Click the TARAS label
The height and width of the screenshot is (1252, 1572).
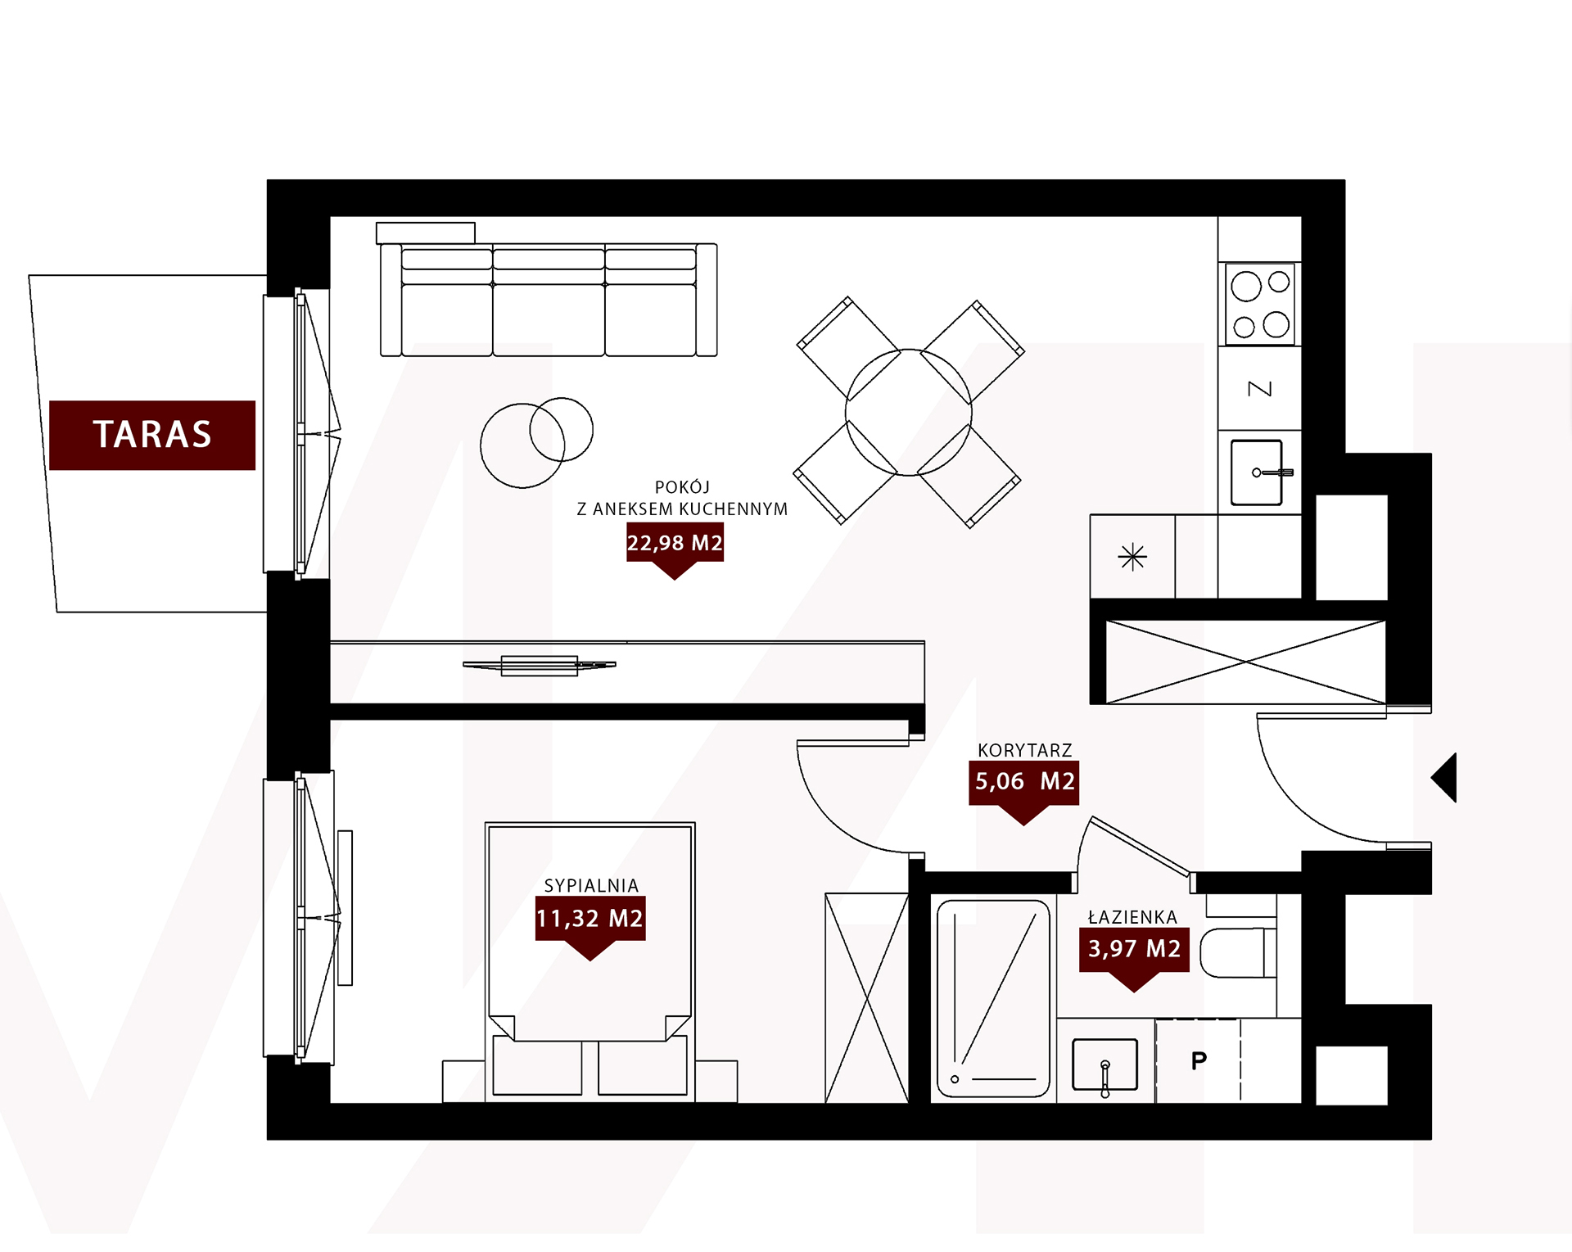tap(152, 435)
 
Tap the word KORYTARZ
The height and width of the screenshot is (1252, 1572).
tap(1025, 750)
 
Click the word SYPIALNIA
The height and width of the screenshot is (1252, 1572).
tap(591, 885)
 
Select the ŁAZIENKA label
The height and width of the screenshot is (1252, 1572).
tap(1133, 917)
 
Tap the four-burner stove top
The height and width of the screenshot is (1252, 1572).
tap(1261, 305)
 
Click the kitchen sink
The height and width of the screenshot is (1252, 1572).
tap(1258, 472)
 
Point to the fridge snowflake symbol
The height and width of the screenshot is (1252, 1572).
tap(1132, 557)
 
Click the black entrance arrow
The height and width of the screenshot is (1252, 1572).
tap(1444, 777)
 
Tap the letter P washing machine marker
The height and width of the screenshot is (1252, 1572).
tap(1199, 1060)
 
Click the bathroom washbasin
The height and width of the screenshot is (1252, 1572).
tap(1105, 1064)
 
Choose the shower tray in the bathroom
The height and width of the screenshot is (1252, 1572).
tap(993, 998)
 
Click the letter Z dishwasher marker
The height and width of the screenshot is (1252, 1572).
tap(1260, 388)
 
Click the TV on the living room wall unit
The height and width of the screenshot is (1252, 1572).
tap(540, 666)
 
